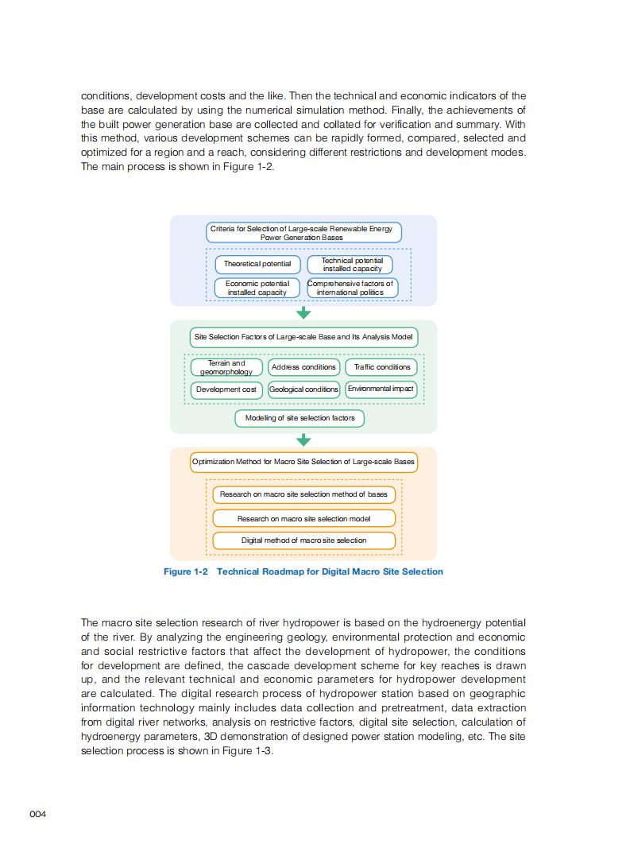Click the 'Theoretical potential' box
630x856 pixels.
[x=257, y=264]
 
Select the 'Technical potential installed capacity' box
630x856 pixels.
[x=350, y=265]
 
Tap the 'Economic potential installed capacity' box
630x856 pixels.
[x=257, y=288]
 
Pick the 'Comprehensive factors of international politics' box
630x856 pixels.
[x=350, y=288]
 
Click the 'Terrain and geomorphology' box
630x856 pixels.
[x=226, y=367]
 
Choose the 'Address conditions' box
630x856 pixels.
[x=303, y=367]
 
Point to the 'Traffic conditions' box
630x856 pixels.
[x=381, y=367]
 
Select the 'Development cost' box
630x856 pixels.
[x=226, y=389]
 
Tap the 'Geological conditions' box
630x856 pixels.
[x=303, y=389]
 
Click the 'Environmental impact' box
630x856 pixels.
[x=381, y=389]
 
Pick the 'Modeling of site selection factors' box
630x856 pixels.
[x=300, y=418]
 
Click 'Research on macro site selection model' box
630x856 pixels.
[x=303, y=518]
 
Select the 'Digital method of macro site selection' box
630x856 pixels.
[x=303, y=540]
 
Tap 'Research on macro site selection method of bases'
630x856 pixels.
[x=303, y=494]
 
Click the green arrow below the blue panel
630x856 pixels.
[x=303, y=313]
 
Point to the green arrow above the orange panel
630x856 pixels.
[x=303, y=440]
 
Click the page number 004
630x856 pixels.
[x=38, y=814]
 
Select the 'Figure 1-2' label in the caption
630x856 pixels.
[x=185, y=571]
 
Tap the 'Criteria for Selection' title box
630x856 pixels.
[x=303, y=233]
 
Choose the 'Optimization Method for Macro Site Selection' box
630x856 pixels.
[x=303, y=462]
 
